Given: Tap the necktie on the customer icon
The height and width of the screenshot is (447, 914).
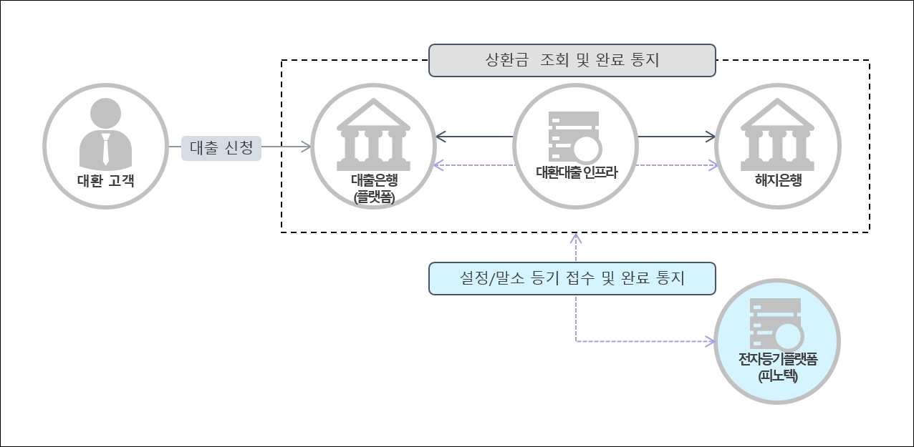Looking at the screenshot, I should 105,149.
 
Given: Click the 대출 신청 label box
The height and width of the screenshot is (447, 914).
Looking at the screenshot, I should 221,147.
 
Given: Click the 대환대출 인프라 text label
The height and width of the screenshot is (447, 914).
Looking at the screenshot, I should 576,172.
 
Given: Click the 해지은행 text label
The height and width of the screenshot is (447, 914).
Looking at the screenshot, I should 778,180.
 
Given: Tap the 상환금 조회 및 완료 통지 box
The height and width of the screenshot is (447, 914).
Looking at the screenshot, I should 572,60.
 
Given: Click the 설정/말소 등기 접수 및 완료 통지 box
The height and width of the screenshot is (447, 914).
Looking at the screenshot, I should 572,278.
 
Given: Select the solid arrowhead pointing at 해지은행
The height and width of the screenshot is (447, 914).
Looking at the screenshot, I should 711,136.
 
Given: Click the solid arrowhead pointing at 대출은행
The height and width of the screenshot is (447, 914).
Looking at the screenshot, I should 440,136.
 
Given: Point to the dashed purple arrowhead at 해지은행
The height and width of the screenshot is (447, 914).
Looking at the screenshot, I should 712,166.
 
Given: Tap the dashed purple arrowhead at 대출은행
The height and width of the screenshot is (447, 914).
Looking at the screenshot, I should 438,166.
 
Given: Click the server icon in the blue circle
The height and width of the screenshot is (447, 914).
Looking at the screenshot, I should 776,323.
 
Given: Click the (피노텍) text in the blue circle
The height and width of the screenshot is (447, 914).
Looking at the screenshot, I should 777,375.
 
